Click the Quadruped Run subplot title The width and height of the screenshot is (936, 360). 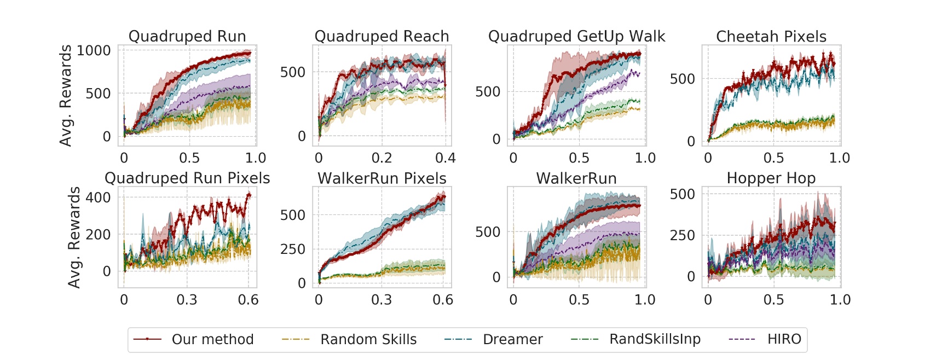coord(187,37)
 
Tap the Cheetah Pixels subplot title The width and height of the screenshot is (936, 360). coord(771,37)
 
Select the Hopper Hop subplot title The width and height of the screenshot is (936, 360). coord(771,178)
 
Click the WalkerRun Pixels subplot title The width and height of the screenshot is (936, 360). coord(382,178)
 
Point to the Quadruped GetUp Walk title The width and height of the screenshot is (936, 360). coord(576,37)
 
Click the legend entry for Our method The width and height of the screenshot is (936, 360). coord(212,339)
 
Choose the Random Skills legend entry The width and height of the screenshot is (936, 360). coord(368,339)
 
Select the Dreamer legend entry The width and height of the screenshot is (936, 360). coord(512,339)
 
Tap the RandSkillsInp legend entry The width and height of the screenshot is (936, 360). coord(655,339)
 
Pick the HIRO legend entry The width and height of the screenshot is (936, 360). coord(784,339)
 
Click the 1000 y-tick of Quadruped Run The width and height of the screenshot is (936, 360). coord(94,50)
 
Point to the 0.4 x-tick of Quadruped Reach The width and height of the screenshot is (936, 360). coord(445,158)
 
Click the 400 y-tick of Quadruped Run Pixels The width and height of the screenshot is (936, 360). coord(98,198)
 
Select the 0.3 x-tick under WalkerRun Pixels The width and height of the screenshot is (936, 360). coord(382,300)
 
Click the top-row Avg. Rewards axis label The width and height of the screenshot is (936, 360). coord(66,96)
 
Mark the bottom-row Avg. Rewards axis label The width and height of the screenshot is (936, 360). coord(74,237)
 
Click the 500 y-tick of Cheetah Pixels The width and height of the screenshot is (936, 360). coord(682,79)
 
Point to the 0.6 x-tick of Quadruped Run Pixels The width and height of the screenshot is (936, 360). coord(248,300)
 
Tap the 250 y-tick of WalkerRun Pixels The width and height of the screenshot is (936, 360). coord(293,249)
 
